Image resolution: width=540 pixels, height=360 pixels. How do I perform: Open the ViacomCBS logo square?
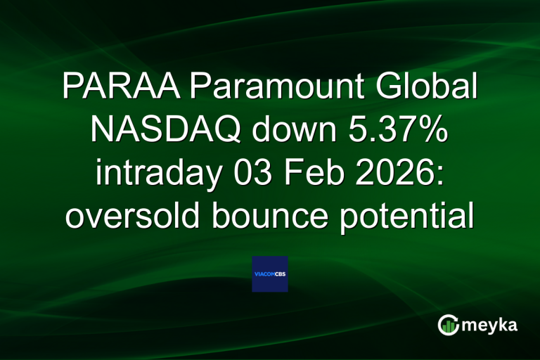(x=270, y=274)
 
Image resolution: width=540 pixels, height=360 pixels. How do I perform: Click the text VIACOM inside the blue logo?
(x=264, y=274)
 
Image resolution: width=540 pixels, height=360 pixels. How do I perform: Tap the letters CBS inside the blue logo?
(x=280, y=274)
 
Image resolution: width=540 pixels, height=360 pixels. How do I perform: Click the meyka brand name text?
(x=491, y=325)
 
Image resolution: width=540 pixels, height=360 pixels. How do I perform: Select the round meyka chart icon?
(x=448, y=325)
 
